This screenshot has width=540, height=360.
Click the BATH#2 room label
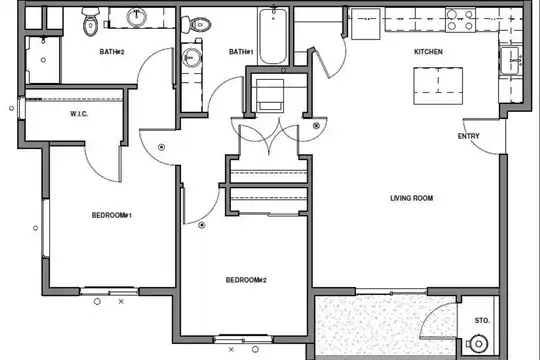(112, 52)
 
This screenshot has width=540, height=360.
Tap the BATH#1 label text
(241, 52)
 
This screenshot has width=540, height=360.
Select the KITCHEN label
(428, 52)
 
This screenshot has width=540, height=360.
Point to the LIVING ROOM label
(412, 198)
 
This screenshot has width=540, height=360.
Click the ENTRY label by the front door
(468, 136)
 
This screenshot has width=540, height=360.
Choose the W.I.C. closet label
(79, 114)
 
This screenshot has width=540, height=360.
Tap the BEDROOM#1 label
(112, 215)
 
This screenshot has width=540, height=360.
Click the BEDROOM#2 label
(246, 280)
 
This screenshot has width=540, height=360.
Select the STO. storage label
(482, 321)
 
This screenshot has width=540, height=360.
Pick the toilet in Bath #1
(196, 25)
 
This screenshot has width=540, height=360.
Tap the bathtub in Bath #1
(273, 36)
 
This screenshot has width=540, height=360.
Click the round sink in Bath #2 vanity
(137, 17)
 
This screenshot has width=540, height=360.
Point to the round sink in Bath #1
(191, 58)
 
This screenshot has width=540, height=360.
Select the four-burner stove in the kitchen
(460, 20)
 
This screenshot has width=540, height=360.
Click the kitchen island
(438, 86)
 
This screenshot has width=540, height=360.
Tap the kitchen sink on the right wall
(510, 61)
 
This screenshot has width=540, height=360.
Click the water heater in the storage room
(479, 343)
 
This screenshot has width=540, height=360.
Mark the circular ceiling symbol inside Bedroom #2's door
(202, 225)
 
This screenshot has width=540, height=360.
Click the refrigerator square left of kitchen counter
(365, 24)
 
